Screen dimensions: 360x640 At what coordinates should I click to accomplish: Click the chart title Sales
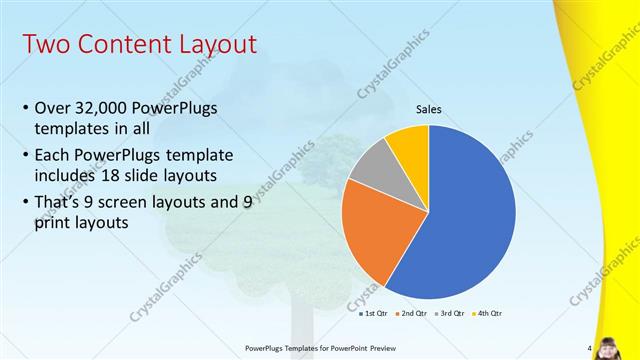click(428, 110)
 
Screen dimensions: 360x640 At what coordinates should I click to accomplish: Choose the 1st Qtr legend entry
click(375, 313)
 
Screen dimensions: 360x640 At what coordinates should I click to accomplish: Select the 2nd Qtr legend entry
click(413, 313)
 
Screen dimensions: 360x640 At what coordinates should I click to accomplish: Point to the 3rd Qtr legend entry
click(452, 313)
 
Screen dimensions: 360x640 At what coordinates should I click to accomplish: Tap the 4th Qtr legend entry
click(490, 313)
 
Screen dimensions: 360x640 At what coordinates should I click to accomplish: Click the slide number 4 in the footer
click(589, 348)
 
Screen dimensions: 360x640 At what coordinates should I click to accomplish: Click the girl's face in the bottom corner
click(611, 342)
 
